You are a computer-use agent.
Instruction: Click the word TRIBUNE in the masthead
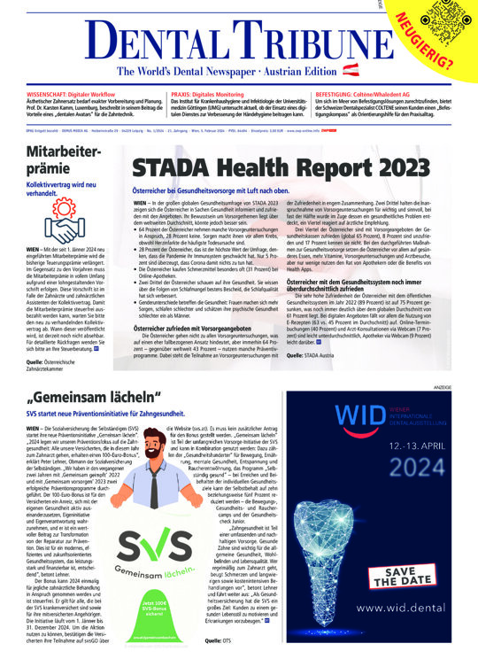pos(297,41)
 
